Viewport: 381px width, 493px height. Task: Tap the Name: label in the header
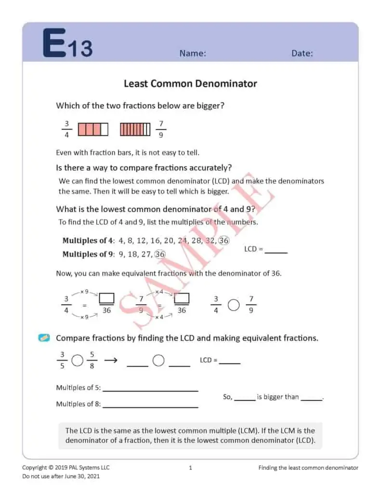point(193,53)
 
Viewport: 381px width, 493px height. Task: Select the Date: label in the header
point(302,53)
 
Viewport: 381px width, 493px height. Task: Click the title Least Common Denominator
point(190,83)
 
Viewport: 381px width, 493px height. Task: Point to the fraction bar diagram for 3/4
point(93,129)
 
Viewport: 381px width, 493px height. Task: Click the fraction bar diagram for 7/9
point(135,129)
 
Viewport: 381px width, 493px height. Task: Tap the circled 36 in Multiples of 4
point(223,240)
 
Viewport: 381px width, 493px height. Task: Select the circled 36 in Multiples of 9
point(160,254)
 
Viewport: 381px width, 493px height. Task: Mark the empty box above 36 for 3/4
point(106,298)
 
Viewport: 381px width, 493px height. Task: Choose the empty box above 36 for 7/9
point(182,298)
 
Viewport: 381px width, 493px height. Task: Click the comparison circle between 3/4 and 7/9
point(234,305)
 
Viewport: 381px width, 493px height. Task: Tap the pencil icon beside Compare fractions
point(44,338)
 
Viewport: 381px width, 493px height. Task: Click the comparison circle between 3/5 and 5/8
point(77,361)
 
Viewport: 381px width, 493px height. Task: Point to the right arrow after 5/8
point(111,361)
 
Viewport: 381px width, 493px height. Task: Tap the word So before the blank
point(227,397)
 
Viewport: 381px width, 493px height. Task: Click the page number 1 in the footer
point(190,467)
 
